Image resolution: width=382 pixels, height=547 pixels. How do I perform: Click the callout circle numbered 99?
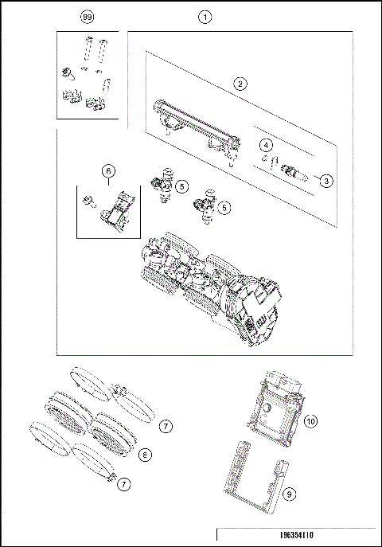(x=88, y=16)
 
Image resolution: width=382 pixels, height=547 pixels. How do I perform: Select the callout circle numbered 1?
(x=205, y=16)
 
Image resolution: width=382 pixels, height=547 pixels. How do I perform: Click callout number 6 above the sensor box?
(x=109, y=170)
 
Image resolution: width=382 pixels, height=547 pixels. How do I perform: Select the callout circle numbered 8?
(x=145, y=455)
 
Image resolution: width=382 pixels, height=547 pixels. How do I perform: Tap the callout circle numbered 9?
(x=290, y=494)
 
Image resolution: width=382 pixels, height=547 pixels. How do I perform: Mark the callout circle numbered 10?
(x=311, y=420)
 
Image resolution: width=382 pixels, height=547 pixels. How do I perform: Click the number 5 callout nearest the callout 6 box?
(x=182, y=186)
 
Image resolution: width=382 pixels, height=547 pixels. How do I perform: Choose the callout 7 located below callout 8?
(x=123, y=483)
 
